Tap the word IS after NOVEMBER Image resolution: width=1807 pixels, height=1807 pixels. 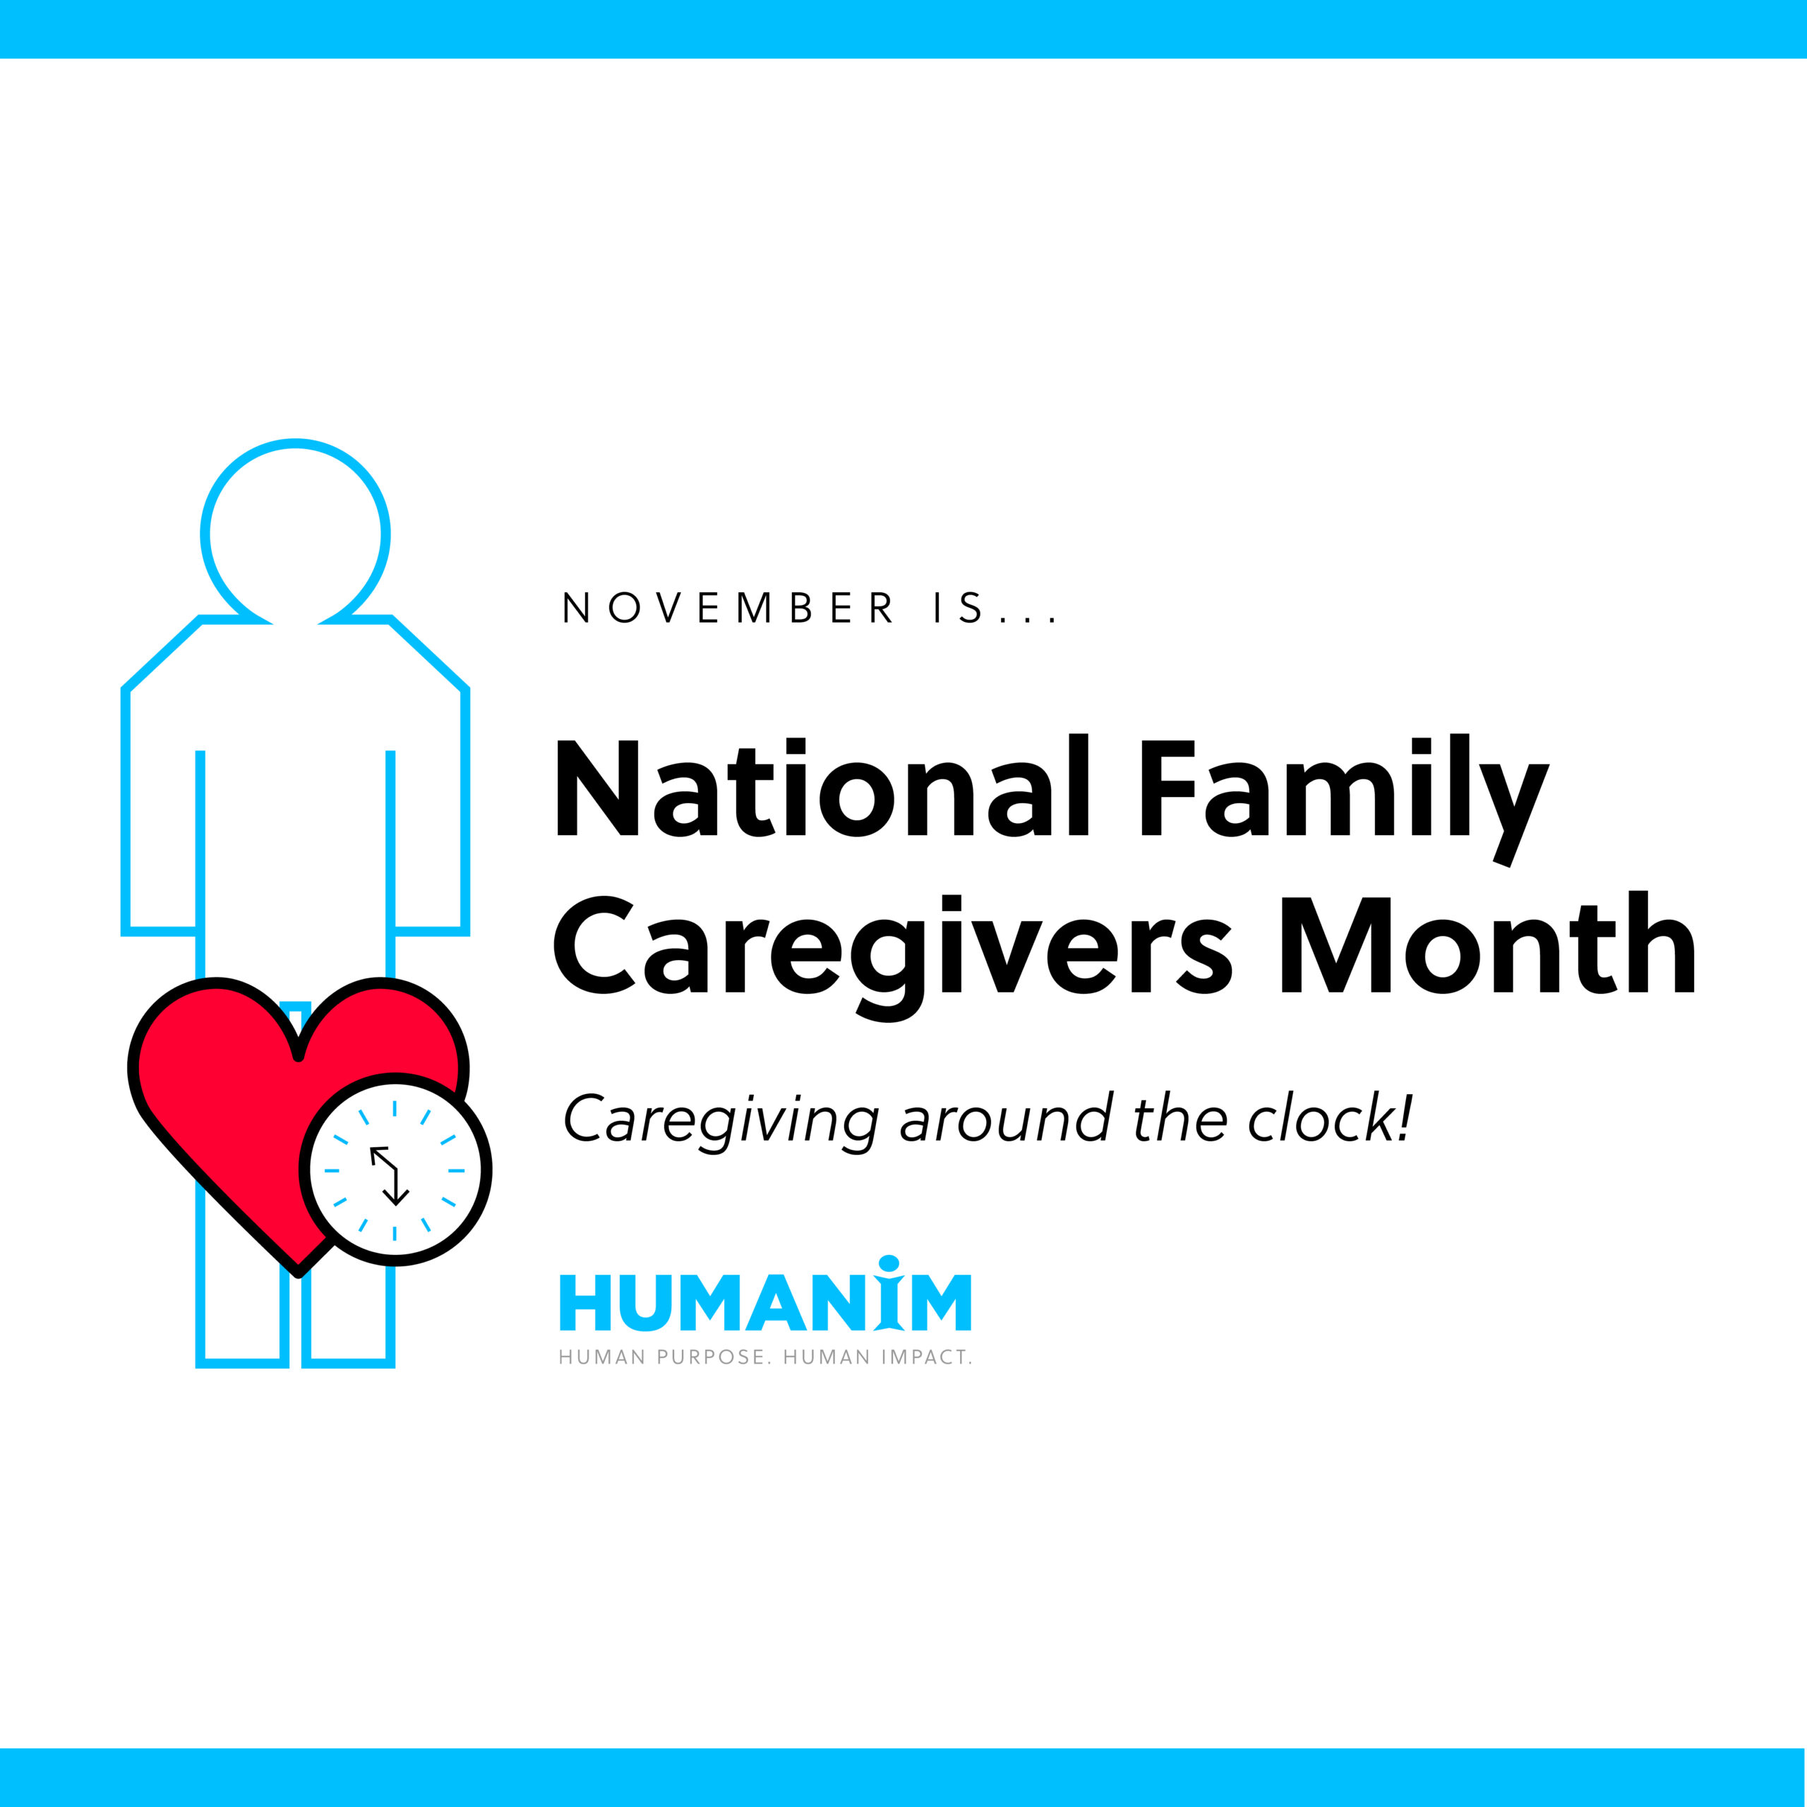coord(959,608)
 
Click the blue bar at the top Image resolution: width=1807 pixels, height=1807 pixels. coord(903,28)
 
